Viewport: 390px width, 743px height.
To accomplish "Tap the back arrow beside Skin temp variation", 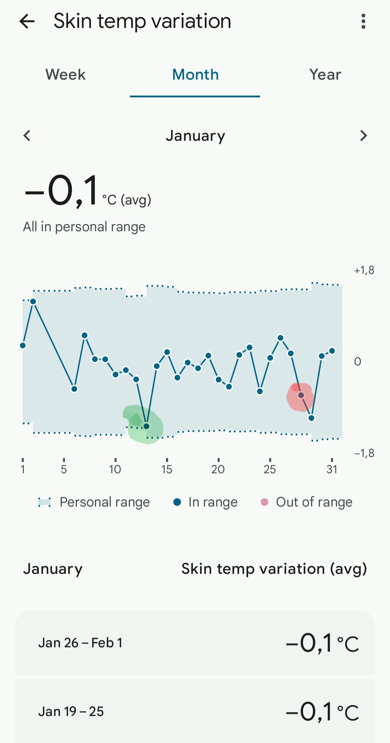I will point(27,21).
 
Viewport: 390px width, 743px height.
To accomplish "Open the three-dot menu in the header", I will point(363,21).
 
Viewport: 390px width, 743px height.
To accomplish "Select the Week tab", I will point(65,75).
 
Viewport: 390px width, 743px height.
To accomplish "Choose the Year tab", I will point(325,75).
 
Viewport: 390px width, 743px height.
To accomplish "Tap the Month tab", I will point(195,75).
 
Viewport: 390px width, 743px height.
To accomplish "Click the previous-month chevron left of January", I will point(27,136).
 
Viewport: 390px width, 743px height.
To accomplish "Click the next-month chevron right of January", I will point(363,136).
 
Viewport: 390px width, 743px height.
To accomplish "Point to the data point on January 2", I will point(33,302).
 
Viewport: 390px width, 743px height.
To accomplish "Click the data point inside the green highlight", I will point(147,426).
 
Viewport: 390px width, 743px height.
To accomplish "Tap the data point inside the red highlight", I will point(301,395).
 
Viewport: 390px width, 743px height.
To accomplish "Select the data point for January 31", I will point(332,351).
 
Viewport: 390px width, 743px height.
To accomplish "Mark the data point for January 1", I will point(23,345).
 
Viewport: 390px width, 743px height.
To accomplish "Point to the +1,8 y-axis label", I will point(364,270).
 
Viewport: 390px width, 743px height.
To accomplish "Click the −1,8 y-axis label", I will point(364,453).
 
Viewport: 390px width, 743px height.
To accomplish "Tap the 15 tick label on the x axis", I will point(167,469).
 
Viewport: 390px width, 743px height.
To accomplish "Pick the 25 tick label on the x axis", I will point(270,469).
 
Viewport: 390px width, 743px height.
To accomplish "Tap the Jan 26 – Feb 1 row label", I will point(80,643).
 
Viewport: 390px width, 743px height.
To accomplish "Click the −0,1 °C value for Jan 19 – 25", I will point(322,712).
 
